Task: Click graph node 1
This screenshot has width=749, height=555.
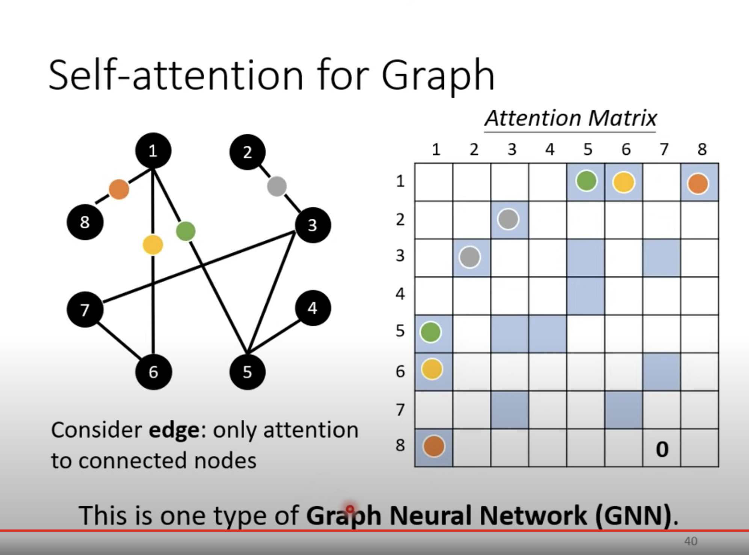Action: (153, 151)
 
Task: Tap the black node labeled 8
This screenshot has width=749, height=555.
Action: (85, 222)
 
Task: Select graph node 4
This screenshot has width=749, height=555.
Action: (313, 308)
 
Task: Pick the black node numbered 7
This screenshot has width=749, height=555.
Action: (85, 310)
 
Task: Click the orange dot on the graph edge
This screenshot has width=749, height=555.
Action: (119, 189)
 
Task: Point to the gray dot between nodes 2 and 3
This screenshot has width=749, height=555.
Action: (277, 186)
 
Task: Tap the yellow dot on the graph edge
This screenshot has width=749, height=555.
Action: (153, 245)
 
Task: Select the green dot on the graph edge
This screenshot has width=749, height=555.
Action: (186, 231)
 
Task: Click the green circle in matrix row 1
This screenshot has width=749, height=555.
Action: (586, 181)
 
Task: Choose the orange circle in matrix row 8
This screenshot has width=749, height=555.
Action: (434, 446)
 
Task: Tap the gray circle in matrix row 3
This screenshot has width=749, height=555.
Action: (470, 258)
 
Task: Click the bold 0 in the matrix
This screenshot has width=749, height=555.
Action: (662, 449)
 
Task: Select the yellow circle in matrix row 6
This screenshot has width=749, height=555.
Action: (432, 369)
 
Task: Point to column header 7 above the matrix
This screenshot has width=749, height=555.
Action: (664, 149)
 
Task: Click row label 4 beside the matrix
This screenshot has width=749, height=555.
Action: (400, 293)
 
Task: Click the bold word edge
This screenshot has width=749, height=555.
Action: (174, 430)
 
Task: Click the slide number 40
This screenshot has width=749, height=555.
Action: (691, 541)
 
